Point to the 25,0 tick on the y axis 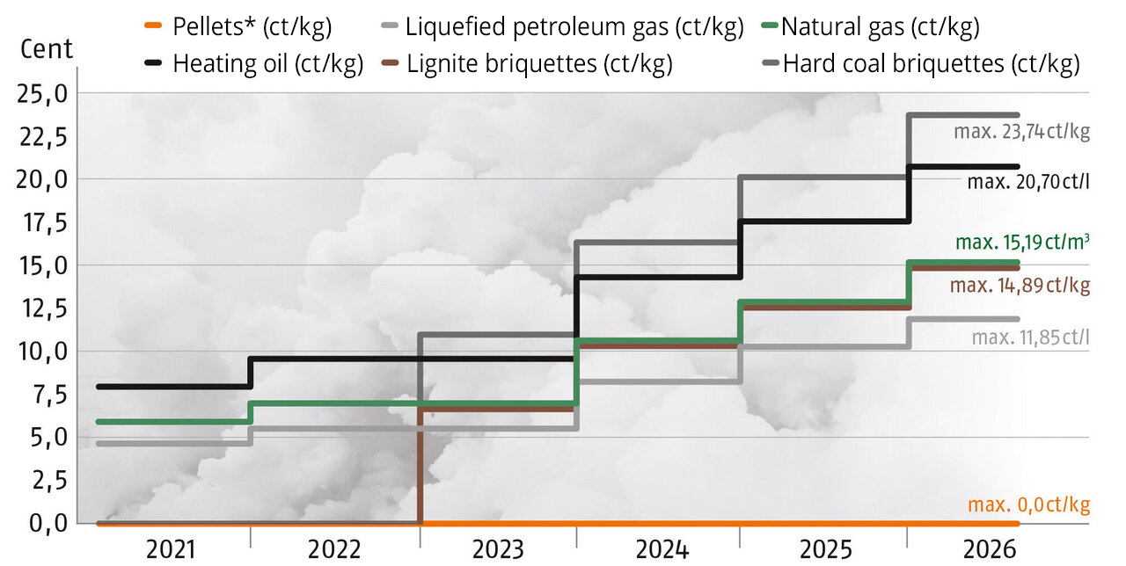[x=42, y=93]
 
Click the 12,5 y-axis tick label [x=42, y=308]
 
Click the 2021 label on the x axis [x=172, y=550]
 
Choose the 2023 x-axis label [x=499, y=550]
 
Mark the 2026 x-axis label [x=990, y=550]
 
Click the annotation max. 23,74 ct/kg [x=1022, y=133]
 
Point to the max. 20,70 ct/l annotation [x=1028, y=182]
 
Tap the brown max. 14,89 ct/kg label [x=1020, y=285]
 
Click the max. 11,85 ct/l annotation [x=1031, y=337]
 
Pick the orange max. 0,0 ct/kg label [x=1028, y=504]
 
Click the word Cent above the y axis [x=47, y=48]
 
